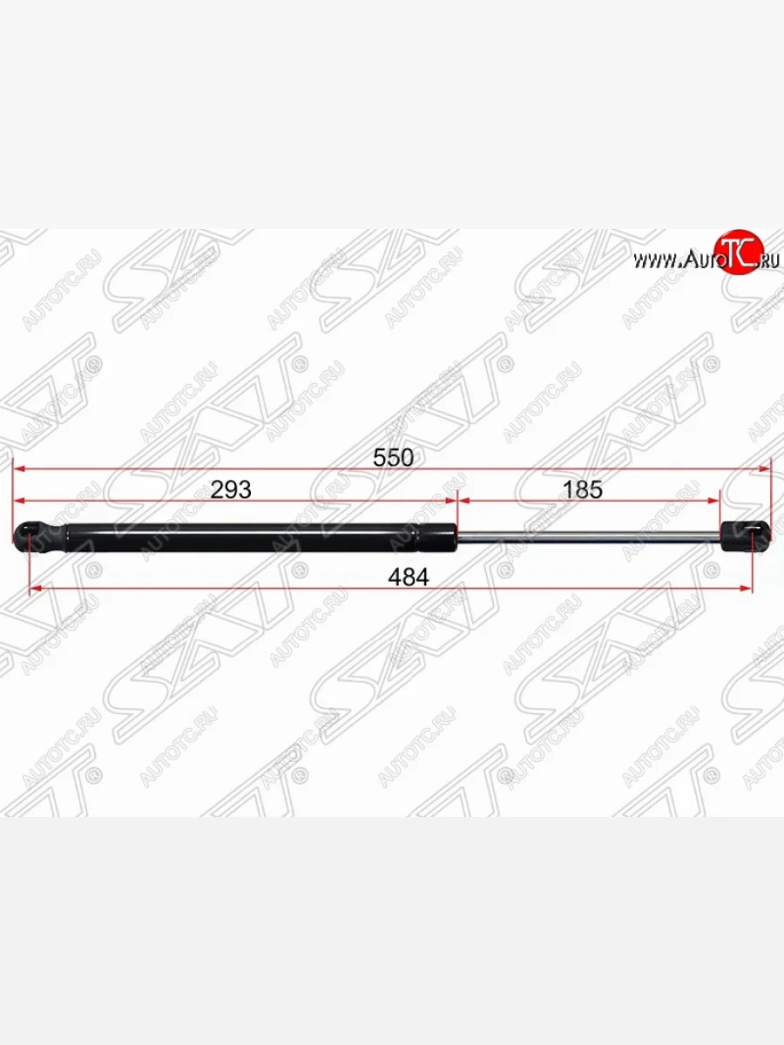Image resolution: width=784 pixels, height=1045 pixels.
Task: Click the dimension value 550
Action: pos(393,457)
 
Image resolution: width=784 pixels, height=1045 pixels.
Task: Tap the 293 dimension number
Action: pos(231,489)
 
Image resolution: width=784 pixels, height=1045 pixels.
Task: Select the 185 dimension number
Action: pos(582,489)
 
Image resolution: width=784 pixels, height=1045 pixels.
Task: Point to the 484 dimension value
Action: pos(409,577)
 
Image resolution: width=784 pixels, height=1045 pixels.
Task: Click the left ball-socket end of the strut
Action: pos(39,537)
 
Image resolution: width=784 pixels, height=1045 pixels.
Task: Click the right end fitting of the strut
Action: pos(746,536)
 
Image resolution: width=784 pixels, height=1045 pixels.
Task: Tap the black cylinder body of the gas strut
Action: pos(260,537)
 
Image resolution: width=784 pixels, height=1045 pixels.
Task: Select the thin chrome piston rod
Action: pos(589,537)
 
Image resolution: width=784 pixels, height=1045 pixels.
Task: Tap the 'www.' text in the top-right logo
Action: pos(658,261)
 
